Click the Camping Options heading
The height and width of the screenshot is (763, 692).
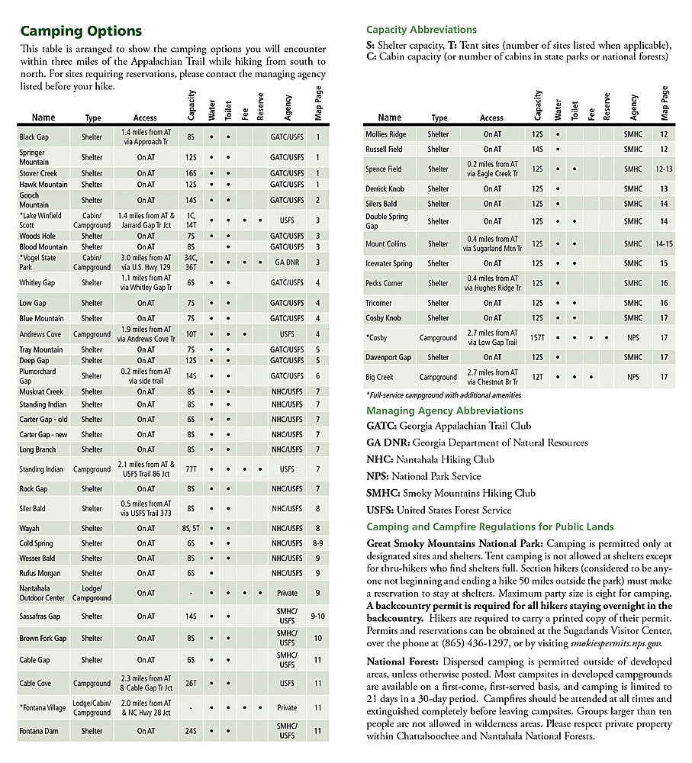[x=81, y=31]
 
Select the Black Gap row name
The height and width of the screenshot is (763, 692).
[x=34, y=137]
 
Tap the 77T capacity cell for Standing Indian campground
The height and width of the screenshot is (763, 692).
[x=192, y=469]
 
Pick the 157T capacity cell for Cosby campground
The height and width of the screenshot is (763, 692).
[x=538, y=337]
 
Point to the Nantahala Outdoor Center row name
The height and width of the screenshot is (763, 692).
[x=43, y=593]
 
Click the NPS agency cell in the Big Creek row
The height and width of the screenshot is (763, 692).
[x=632, y=377]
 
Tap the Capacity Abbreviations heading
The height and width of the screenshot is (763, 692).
[x=421, y=30]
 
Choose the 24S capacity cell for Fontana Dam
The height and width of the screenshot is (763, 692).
[x=192, y=731]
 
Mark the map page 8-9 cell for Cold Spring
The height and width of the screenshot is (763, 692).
[x=318, y=543]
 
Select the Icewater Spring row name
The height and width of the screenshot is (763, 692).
[x=389, y=264]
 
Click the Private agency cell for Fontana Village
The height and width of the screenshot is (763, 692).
[x=287, y=708]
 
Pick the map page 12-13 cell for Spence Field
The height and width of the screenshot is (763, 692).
[x=664, y=169]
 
